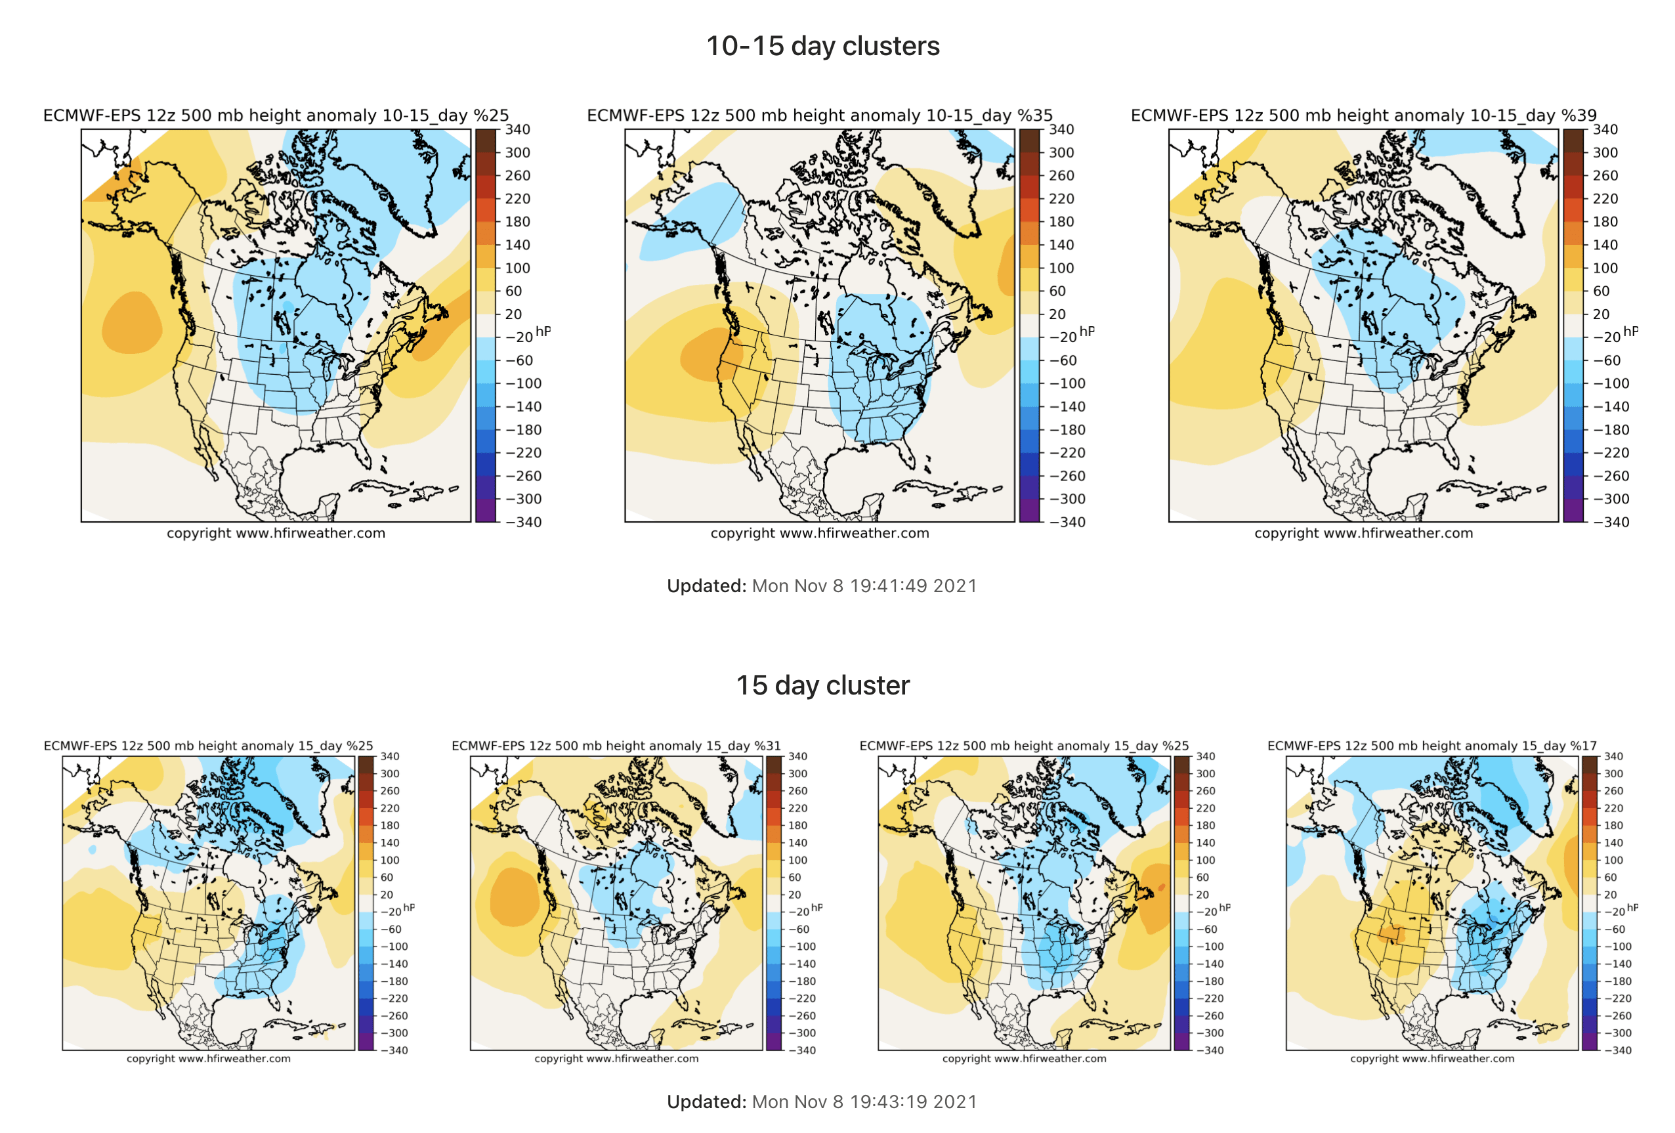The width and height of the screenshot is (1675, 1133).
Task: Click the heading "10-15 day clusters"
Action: coord(822,46)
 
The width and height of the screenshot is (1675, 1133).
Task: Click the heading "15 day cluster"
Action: coord(822,685)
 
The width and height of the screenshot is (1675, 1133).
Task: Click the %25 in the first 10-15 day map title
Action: coord(491,116)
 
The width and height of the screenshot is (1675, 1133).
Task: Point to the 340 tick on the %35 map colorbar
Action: coord(1061,130)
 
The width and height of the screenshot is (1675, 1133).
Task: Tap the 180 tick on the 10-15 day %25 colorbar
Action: coord(517,222)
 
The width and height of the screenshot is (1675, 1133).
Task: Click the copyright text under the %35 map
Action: coord(820,533)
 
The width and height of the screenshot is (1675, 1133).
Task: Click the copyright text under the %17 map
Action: coord(1431,1059)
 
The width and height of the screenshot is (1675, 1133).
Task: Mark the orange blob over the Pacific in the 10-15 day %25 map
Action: coord(131,323)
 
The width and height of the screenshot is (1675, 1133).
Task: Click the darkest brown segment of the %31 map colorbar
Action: coord(773,763)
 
